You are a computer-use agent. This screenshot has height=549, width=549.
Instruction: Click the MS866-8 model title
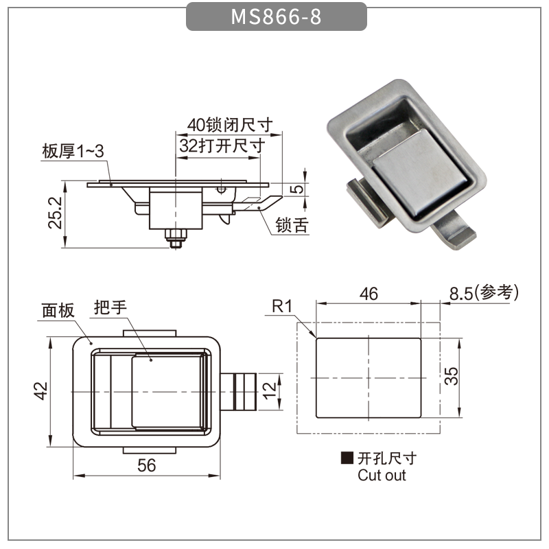coord(276,16)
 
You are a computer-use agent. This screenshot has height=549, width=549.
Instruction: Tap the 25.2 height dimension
coord(55,213)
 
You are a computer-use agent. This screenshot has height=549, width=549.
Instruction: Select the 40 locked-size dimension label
coord(230,125)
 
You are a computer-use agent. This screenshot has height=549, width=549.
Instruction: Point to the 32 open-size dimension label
coord(222,145)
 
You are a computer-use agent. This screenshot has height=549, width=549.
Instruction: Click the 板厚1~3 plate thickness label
coord(73,151)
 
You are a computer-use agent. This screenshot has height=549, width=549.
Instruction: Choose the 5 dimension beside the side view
coord(297,189)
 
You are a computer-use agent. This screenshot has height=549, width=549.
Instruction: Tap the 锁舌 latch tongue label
coord(292,225)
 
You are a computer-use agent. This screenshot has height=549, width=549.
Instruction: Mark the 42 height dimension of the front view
coord(40,390)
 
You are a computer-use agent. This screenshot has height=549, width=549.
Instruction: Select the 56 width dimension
coord(146,465)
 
